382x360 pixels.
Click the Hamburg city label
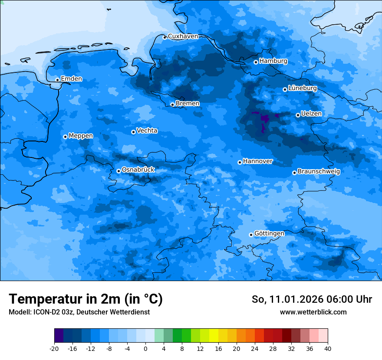coord(273,61)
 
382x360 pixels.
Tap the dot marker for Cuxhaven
coord(165,37)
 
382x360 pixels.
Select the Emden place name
coord(71,79)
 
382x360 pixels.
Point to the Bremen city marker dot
coord(172,105)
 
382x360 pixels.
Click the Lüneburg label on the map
coord(302,88)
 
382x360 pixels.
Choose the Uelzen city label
coord(311,114)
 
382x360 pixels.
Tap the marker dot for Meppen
coord(65,137)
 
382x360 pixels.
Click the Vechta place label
coord(147,131)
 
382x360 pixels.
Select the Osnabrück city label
coord(138,170)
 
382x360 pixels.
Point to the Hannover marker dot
coord(240,162)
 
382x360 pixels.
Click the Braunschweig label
coord(319,171)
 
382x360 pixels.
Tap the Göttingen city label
coord(269,233)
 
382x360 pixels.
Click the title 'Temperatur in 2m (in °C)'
coord(86,299)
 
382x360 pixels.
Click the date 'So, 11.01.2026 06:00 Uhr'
coord(312,299)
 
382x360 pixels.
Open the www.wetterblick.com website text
coord(313,312)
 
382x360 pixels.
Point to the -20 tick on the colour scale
coord(54,348)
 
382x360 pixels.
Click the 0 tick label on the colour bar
coord(145,348)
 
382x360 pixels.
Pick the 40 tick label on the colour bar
coord(328,348)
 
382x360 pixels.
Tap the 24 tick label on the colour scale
coord(255,348)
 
